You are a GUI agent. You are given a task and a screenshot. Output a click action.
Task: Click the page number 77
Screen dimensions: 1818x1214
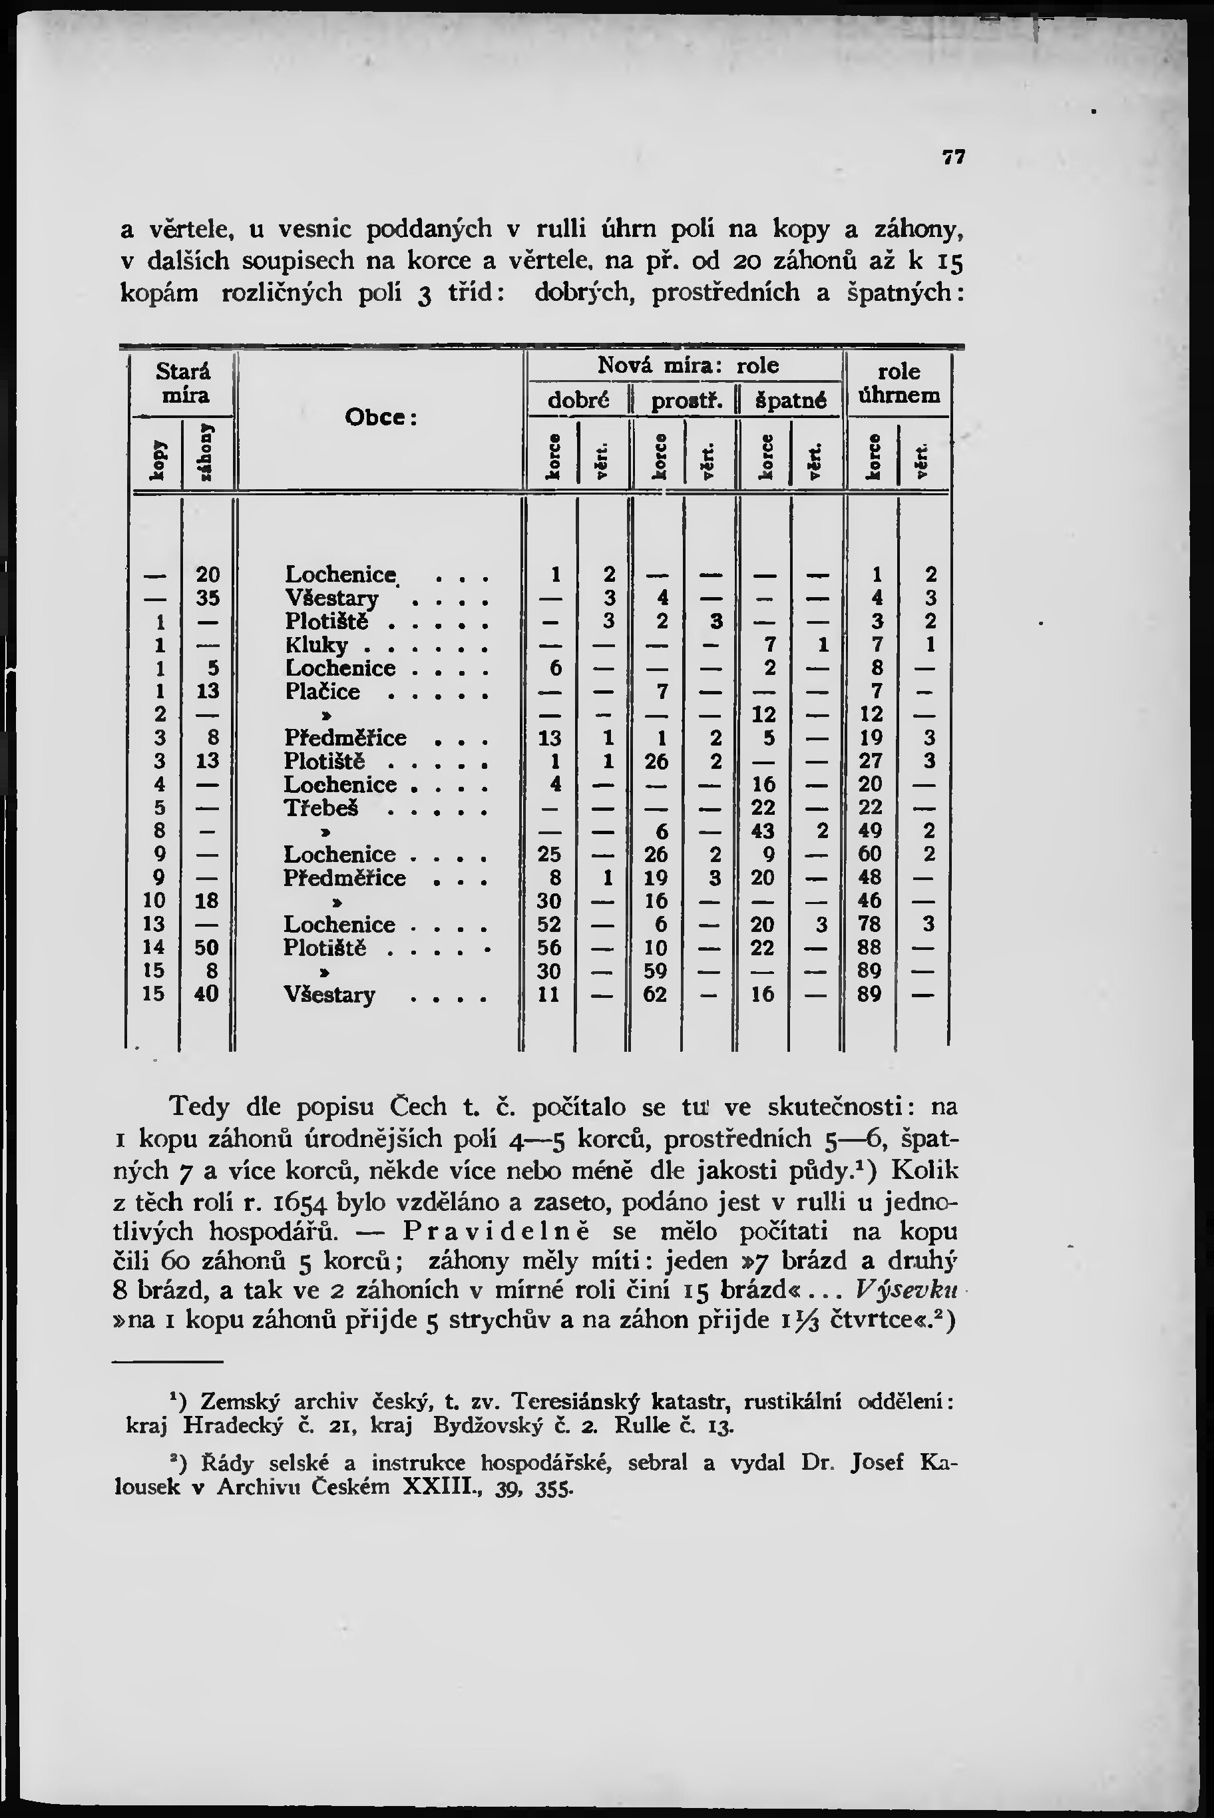(x=954, y=157)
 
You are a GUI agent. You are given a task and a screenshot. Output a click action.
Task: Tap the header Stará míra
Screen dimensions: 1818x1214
(x=183, y=383)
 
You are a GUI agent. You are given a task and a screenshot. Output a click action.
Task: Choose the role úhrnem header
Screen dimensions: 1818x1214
(x=899, y=383)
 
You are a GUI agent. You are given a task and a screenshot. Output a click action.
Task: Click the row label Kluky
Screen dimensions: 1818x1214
(x=317, y=645)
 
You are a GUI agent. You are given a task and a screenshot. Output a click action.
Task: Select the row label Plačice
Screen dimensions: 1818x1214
(x=322, y=692)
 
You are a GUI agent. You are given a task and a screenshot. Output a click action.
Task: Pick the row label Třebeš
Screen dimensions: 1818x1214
(x=319, y=807)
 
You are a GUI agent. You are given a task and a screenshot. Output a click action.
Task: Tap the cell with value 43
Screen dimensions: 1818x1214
(x=763, y=831)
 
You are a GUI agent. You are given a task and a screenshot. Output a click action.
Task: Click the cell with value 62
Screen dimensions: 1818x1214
(x=656, y=994)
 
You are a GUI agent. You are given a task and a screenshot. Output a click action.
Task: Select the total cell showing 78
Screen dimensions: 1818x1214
(x=872, y=925)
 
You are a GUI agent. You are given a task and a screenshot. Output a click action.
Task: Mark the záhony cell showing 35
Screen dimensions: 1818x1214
(x=207, y=598)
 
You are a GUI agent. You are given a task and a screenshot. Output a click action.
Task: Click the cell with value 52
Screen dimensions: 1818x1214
(x=550, y=925)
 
